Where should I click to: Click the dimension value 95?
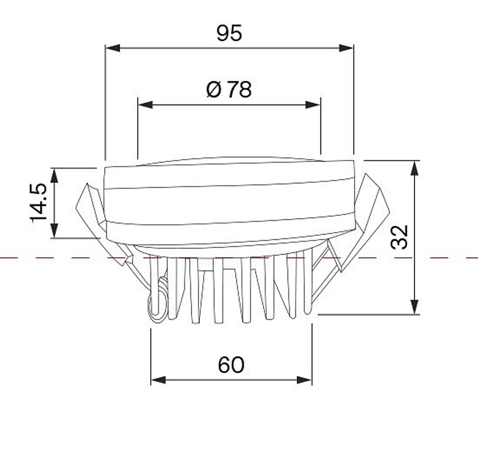(x=229, y=33)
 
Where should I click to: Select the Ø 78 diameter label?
(x=229, y=90)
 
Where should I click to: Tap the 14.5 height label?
(x=38, y=203)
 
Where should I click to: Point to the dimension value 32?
(x=399, y=237)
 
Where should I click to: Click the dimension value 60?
(x=231, y=364)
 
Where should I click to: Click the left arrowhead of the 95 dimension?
(x=113, y=48)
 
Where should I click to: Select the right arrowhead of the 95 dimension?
(x=346, y=48)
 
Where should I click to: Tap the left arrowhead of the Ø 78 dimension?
(x=145, y=105)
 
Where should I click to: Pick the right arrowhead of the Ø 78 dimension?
(x=313, y=105)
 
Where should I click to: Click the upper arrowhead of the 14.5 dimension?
(x=54, y=175)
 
